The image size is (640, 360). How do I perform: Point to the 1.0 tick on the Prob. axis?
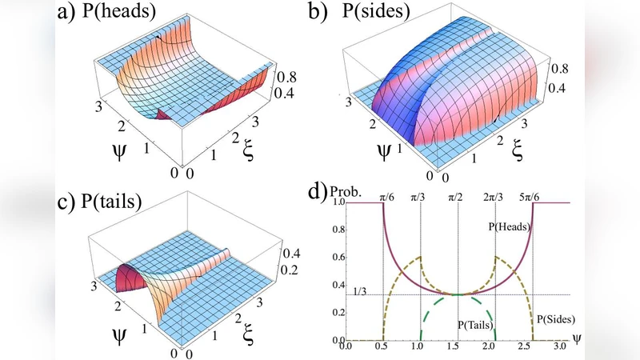coord(338,203)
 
